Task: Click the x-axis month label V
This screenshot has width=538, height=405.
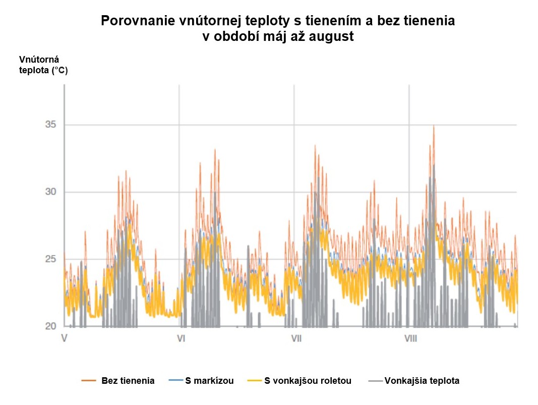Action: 64,338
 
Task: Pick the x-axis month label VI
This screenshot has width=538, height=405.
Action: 181,338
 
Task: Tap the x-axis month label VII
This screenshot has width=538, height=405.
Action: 296,338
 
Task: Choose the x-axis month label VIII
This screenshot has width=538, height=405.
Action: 411,338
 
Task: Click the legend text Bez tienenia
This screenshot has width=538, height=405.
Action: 128,381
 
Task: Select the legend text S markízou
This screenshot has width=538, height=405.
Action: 209,381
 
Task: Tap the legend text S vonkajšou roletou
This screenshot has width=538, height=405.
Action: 308,381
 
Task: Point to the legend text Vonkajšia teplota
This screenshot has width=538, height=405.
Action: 422,381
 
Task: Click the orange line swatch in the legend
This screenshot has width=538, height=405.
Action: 89,381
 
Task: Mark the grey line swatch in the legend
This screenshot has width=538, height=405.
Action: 376,381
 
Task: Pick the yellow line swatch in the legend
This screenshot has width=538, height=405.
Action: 256,381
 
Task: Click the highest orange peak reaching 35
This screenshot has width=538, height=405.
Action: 434,126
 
